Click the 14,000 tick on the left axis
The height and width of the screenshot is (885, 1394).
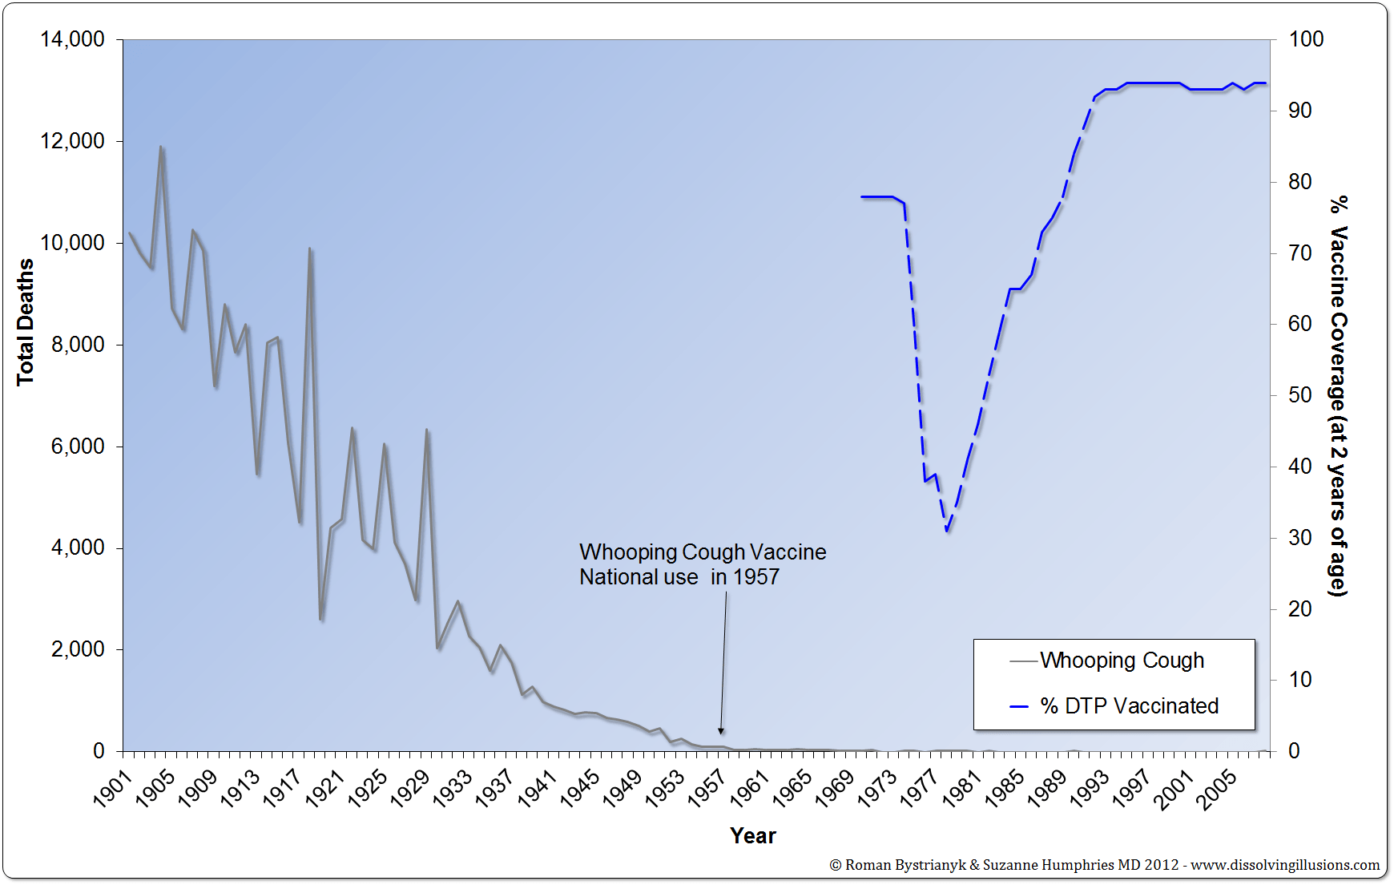click(x=72, y=39)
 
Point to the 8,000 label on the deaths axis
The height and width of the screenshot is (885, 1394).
click(x=78, y=345)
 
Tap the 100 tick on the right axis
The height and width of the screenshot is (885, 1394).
click(x=1306, y=39)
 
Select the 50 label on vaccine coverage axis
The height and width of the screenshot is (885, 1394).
click(x=1299, y=395)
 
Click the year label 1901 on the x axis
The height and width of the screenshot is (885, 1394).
click(x=112, y=788)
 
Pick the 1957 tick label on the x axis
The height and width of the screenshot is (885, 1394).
click(x=707, y=788)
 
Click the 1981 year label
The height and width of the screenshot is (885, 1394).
click(x=961, y=788)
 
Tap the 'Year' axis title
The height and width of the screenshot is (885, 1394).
click(x=752, y=835)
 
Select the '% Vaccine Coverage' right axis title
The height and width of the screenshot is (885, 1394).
click(x=1338, y=396)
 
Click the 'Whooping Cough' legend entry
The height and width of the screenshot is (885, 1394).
click(x=1122, y=661)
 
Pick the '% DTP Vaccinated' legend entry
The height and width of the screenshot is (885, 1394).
click(x=1129, y=706)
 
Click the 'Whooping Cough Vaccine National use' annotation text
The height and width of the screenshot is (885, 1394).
click(x=702, y=564)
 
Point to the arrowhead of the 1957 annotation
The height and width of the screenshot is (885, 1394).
click(x=721, y=730)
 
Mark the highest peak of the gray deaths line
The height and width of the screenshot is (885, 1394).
click(x=161, y=147)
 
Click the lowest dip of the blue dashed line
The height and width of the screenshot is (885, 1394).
click(x=946, y=531)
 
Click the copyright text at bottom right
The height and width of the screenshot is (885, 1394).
click(x=1104, y=865)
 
